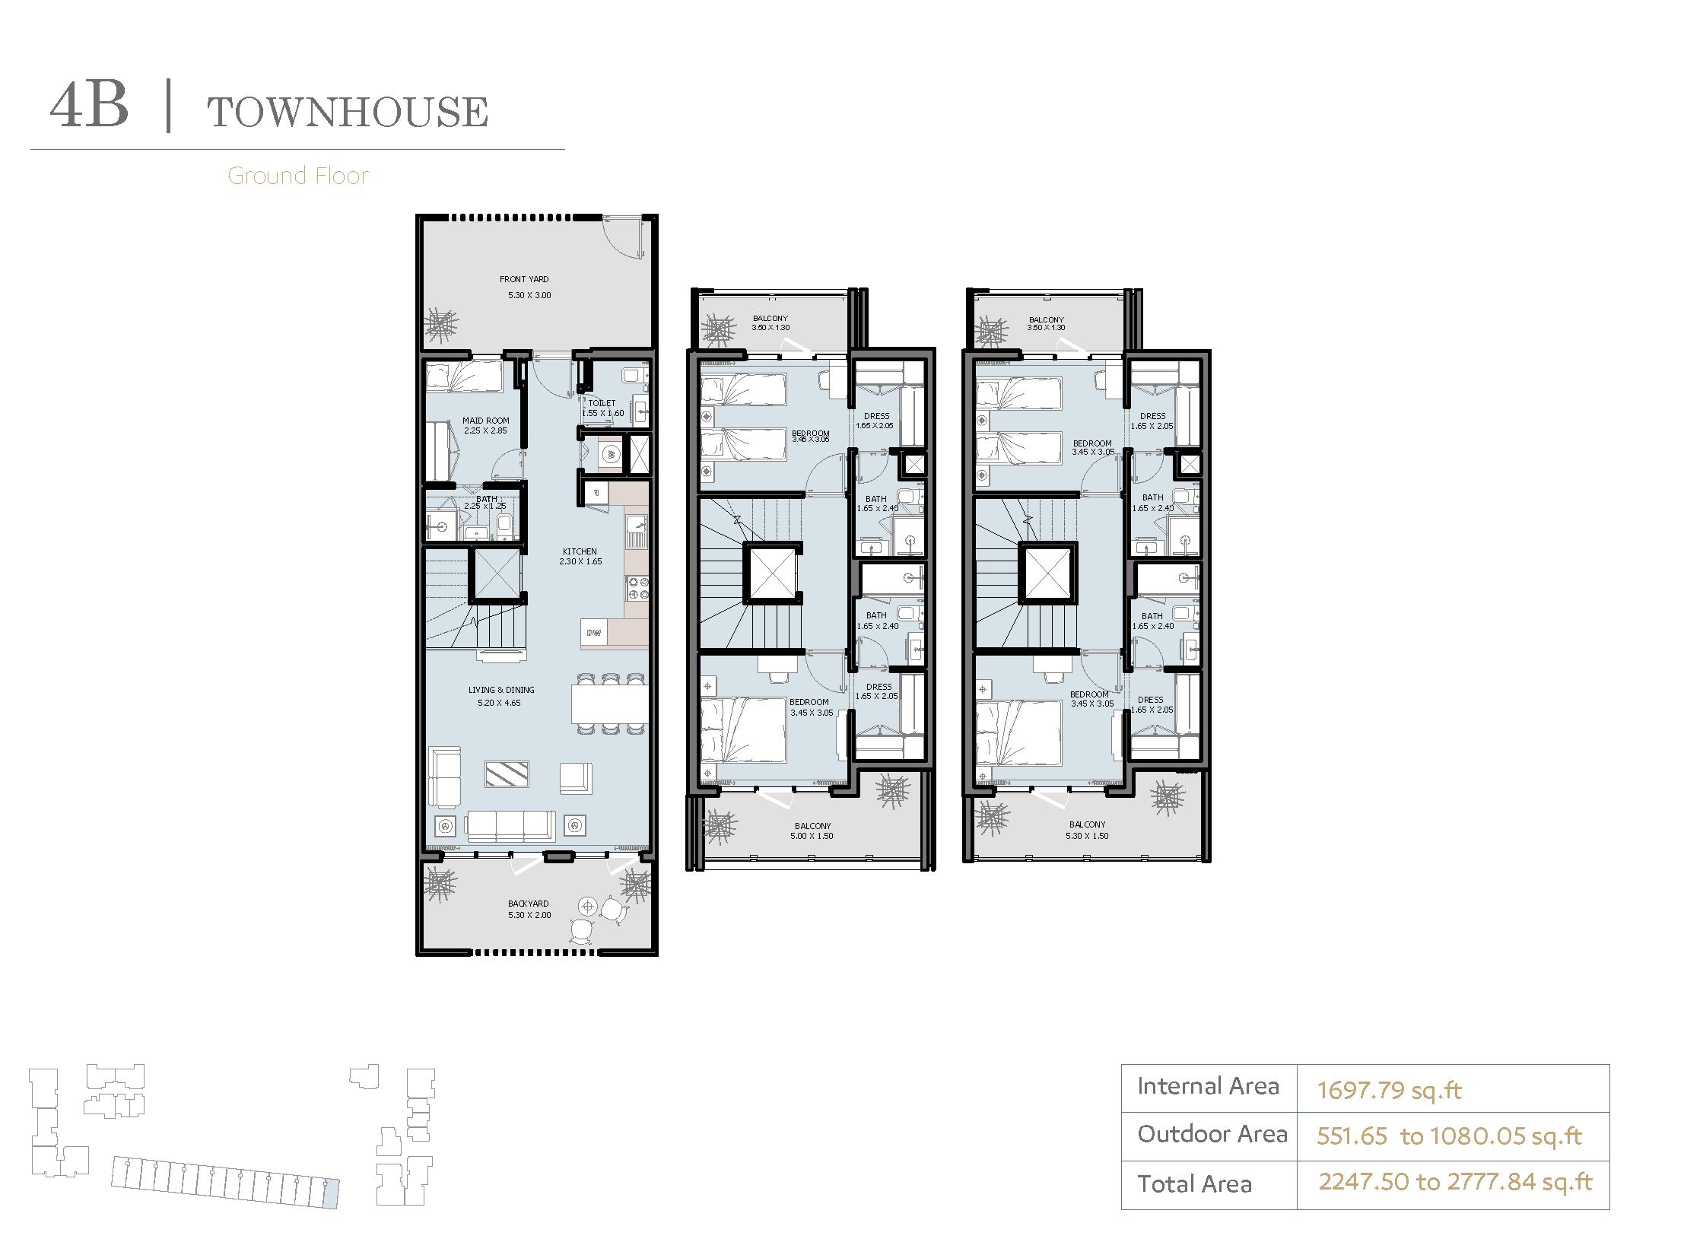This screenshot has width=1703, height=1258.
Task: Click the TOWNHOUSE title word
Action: [348, 112]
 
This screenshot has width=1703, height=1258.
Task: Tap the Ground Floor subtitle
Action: [298, 176]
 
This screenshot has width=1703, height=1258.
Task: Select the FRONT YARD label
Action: [524, 279]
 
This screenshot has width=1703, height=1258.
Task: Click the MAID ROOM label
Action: [486, 421]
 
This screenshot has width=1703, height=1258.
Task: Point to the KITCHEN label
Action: [580, 551]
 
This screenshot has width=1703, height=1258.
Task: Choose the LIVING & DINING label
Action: [501, 690]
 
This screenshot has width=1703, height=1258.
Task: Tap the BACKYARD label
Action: [528, 904]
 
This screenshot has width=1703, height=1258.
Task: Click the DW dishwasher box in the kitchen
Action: [594, 633]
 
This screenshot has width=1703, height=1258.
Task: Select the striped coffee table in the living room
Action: [507, 774]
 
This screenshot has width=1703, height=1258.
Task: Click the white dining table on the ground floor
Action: [609, 704]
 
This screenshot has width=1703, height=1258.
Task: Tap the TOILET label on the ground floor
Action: [602, 403]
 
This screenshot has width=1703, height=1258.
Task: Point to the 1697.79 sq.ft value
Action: [1389, 1091]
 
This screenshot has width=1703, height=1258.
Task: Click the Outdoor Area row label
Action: [1212, 1135]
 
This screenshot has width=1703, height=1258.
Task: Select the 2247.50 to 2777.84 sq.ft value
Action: [1456, 1182]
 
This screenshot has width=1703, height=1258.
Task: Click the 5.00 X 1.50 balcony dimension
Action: [812, 836]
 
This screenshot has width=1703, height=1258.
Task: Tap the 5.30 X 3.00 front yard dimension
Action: [529, 295]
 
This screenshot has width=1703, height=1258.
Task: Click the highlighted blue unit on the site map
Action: [331, 1193]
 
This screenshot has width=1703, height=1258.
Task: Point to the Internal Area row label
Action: [1208, 1087]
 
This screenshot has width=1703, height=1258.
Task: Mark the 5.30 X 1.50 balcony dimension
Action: [1087, 836]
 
